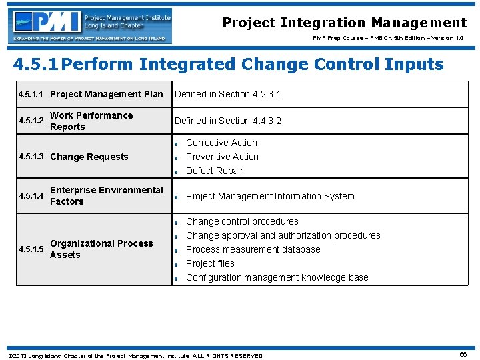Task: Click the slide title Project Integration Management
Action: click(344, 23)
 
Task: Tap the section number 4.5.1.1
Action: click(31, 95)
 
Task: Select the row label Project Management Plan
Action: click(107, 94)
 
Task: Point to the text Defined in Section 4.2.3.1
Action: click(227, 94)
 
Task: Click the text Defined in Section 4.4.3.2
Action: click(227, 121)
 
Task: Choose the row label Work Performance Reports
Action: click(91, 121)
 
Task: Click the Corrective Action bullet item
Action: click(221, 143)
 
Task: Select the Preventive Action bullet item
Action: click(222, 157)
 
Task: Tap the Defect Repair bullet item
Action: click(214, 171)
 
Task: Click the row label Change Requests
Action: click(89, 157)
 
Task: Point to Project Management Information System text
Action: click(270, 196)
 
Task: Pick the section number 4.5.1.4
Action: click(31, 196)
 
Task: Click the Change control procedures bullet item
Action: click(242, 221)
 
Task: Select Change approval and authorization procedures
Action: click(283, 235)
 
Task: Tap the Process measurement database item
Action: click(253, 249)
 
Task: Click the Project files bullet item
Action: click(210, 263)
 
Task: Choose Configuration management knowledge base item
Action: click(277, 277)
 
